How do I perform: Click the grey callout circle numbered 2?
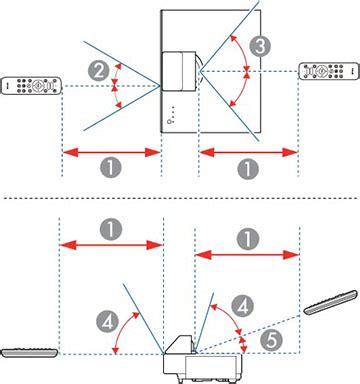pyautogui.click(x=99, y=71)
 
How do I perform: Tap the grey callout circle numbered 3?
pyautogui.click(x=260, y=46)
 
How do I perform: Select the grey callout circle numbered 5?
pyautogui.click(x=272, y=340)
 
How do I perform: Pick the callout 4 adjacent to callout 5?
pyautogui.click(x=243, y=306)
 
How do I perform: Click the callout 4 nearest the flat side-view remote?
pyautogui.click(x=107, y=322)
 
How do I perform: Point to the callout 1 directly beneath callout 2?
pyautogui.click(x=110, y=167)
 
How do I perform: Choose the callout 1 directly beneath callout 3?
pyautogui.click(x=248, y=169)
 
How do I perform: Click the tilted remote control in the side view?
pyautogui.click(x=331, y=302)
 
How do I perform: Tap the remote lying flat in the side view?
pyautogui.click(x=29, y=353)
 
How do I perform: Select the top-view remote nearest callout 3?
pyautogui.click(x=329, y=71)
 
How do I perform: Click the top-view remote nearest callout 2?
pyautogui.click(x=31, y=86)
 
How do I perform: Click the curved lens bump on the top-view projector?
pyautogui.click(x=199, y=71)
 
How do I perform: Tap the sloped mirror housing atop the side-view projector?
pyautogui.click(x=179, y=344)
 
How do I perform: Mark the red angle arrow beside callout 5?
pyautogui.click(x=244, y=344)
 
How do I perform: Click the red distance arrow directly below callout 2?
pyautogui.click(x=112, y=153)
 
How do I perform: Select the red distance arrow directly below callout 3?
pyautogui.click(x=248, y=153)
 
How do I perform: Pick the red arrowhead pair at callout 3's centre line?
pyautogui.click(x=247, y=71)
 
